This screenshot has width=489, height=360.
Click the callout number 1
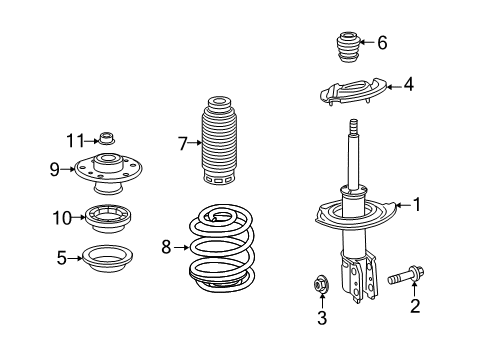pyautogui.click(x=417, y=205)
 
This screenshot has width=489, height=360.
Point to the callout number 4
pyautogui.click(x=408, y=86)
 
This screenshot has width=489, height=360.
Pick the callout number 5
pyautogui.click(x=62, y=257)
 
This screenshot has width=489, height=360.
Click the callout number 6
pyautogui.click(x=381, y=42)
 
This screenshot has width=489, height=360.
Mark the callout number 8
pyautogui.click(x=167, y=245)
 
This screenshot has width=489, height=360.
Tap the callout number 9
pyautogui.click(x=56, y=168)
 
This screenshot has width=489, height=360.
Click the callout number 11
pyautogui.click(x=71, y=138)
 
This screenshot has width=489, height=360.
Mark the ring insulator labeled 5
pyautogui.click(x=108, y=258)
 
